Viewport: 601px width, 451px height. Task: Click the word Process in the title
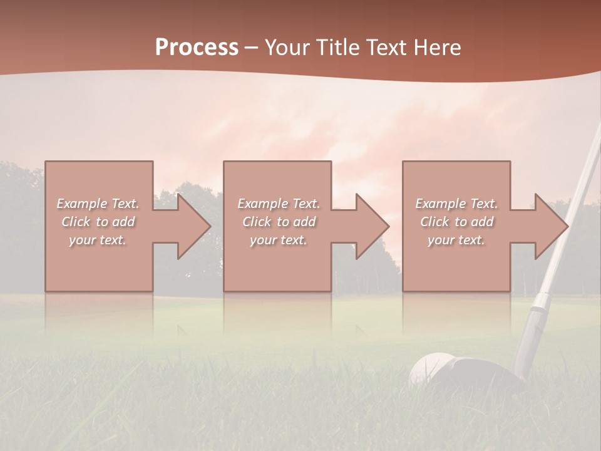pyautogui.click(x=197, y=48)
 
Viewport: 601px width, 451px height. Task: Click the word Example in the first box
pyautogui.click(x=81, y=204)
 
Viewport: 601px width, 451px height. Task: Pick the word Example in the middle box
pyautogui.click(x=262, y=204)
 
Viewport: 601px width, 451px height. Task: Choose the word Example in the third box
pyautogui.click(x=440, y=204)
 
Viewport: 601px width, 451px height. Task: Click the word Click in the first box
pyautogui.click(x=75, y=222)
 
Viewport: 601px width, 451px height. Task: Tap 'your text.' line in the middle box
pyautogui.click(x=278, y=240)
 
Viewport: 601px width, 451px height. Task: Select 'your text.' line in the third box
pyautogui.click(x=456, y=240)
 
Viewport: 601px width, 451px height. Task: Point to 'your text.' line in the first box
pyautogui.click(x=97, y=240)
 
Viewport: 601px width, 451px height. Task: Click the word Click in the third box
pyautogui.click(x=434, y=222)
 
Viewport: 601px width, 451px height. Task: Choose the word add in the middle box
pyautogui.click(x=304, y=222)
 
